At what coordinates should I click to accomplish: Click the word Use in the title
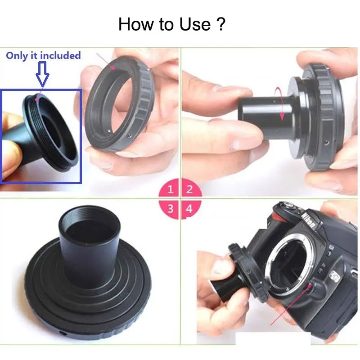[x=195, y=24]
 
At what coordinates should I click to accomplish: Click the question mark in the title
[x=221, y=24]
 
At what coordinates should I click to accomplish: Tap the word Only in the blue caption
[x=17, y=56]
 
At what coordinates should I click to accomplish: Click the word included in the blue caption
[x=60, y=55]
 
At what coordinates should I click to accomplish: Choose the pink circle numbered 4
[x=191, y=209]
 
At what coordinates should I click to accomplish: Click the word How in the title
[x=136, y=24]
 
